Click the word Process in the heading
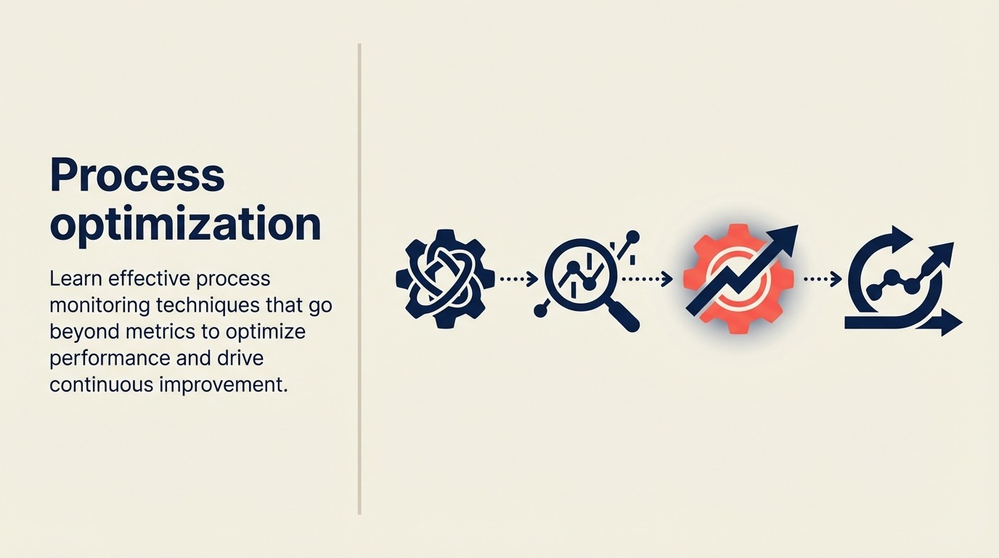(x=137, y=176)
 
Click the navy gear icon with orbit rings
(x=445, y=279)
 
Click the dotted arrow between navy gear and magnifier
(x=518, y=278)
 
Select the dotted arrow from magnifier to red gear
(x=647, y=278)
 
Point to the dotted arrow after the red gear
(x=823, y=278)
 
